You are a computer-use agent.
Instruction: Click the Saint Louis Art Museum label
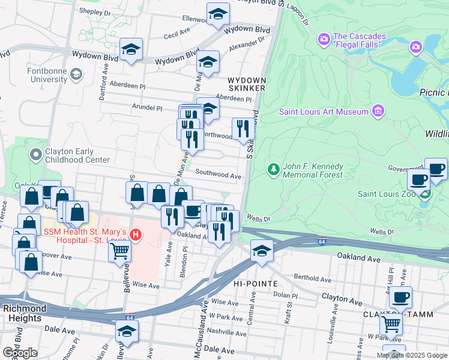tap(323, 112)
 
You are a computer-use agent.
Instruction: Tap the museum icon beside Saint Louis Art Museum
tap(378, 111)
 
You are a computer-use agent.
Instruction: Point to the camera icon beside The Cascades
tap(324, 40)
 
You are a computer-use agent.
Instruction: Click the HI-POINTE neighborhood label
tap(256, 283)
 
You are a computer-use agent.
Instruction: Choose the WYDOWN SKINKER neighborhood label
tap(246, 84)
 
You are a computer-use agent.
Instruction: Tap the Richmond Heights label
tap(25, 313)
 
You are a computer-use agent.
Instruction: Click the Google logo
tap(20, 352)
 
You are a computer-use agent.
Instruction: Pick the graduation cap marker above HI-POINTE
tap(262, 251)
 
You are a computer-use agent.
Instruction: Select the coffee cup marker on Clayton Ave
tap(400, 296)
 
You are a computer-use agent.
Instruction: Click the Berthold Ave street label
tap(313, 279)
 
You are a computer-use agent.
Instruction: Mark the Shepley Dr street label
tap(95, 12)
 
